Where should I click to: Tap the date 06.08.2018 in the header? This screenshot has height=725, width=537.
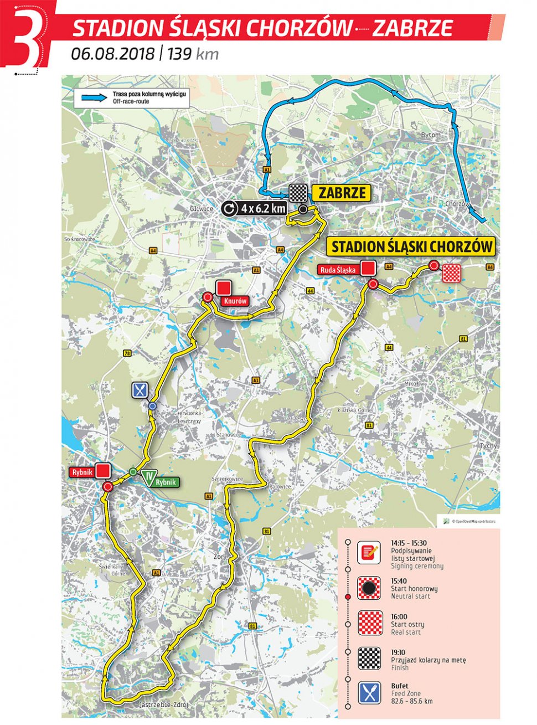pyautogui.click(x=112, y=54)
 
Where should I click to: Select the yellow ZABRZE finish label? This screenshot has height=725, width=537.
pyautogui.click(x=342, y=193)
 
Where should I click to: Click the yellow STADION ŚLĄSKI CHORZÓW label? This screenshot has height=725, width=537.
pyautogui.click(x=411, y=246)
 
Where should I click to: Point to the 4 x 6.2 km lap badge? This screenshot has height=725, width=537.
pyautogui.click(x=255, y=209)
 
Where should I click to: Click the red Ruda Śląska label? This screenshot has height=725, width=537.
pyautogui.click(x=338, y=270)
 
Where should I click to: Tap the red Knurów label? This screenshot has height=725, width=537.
pyautogui.click(x=234, y=301)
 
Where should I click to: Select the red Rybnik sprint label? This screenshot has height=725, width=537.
pyautogui.click(x=81, y=472)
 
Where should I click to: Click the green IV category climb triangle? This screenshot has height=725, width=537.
pyautogui.click(x=148, y=477)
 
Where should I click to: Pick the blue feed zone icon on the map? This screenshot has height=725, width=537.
pyautogui.click(x=140, y=391)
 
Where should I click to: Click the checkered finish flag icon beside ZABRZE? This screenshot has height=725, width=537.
pyautogui.click(x=298, y=193)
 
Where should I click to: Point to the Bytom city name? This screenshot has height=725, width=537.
pyautogui.click(x=431, y=135)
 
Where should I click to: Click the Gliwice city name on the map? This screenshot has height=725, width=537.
pyautogui.click(x=200, y=209)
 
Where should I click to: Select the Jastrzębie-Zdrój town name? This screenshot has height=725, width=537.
pyautogui.click(x=164, y=705)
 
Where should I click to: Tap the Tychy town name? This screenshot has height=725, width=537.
pyautogui.click(x=488, y=445)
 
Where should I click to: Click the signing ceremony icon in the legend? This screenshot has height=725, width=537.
pyautogui.click(x=368, y=553)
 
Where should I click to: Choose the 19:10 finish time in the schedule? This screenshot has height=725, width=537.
pyautogui.click(x=399, y=652)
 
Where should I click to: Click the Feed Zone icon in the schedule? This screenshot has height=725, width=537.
pyautogui.click(x=369, y=693)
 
